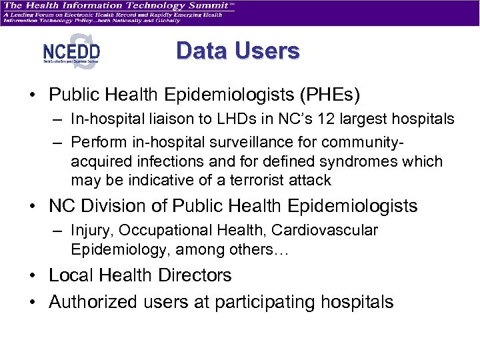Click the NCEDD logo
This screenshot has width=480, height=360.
point(71,51)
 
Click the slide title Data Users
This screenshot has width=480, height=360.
point(238,51)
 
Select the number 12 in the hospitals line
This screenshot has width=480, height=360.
point(327,120)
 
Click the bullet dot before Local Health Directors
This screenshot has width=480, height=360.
point(32,276)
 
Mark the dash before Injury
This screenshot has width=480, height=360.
point(59,231)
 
